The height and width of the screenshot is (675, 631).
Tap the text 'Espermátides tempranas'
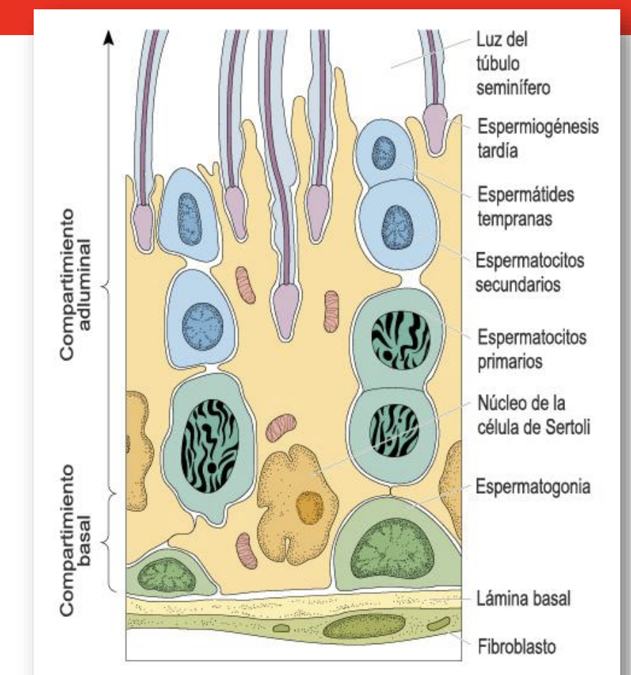[526, 206]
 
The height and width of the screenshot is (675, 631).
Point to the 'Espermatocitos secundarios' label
[530, 272]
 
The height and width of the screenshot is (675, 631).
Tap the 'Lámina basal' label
[523, 598]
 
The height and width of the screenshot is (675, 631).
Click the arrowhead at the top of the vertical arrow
[109, 37]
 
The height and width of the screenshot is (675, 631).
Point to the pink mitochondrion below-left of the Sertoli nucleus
[247, 550]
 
